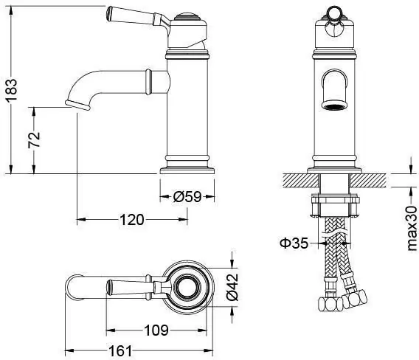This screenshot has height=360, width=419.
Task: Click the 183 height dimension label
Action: point(12,90)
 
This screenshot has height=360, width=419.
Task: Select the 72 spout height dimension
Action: point(34,139)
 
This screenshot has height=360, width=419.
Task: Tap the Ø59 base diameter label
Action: point(187,197)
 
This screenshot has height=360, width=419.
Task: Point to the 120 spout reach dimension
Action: point(132,220)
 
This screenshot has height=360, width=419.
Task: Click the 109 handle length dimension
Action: point(156,330)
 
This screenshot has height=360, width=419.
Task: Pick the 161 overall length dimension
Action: point(120,350)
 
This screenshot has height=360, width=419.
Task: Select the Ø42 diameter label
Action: point(232,287)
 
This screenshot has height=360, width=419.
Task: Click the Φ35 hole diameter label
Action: point(294,243)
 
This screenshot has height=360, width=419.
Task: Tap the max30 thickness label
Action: point(412,228)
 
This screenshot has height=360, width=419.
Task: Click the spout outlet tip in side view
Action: point(77,105)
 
